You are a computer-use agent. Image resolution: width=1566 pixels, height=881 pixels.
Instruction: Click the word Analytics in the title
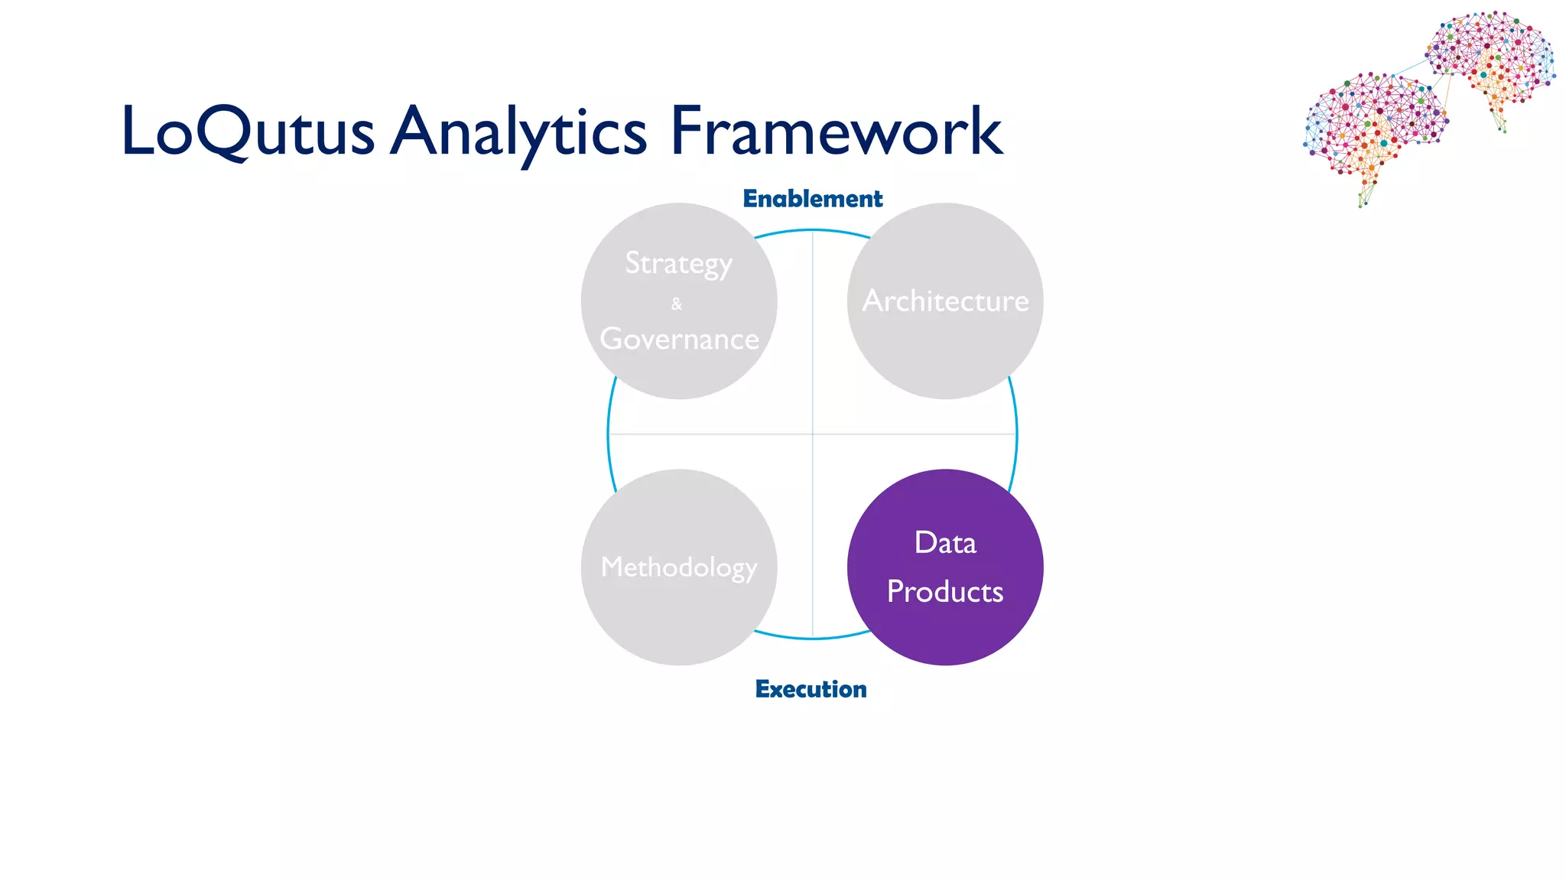click(519, 132)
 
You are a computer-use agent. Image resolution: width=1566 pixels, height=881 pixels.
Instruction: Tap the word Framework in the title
click(836, 132)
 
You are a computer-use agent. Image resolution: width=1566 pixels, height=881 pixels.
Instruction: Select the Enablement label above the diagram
click(812, 199)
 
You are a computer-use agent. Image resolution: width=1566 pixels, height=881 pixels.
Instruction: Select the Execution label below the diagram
click(811, 689)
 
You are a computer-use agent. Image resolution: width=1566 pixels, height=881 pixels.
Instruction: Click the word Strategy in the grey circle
click(679, 264)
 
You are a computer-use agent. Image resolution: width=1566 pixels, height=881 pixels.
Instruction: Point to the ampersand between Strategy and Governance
click(677, 304)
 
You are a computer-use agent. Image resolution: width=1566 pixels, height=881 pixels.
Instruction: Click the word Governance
click(679, 339)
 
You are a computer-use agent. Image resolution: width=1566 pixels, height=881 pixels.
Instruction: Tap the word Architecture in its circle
click(945, 301)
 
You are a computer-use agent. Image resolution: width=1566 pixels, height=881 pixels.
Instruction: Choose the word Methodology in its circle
click(679, 567)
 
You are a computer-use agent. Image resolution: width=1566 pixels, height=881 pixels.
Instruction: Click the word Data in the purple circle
click(945, 543)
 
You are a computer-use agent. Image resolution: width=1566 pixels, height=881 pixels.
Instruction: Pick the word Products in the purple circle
click(945, 592)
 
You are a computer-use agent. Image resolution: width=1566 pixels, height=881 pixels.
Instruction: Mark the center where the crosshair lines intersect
click(812, 434)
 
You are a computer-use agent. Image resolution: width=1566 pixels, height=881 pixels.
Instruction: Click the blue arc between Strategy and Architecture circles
click(812, 230)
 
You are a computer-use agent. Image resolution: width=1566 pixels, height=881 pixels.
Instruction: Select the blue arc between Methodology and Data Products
click(812, 637)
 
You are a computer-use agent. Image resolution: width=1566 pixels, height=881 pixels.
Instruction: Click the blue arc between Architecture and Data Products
click(1016, 434)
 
